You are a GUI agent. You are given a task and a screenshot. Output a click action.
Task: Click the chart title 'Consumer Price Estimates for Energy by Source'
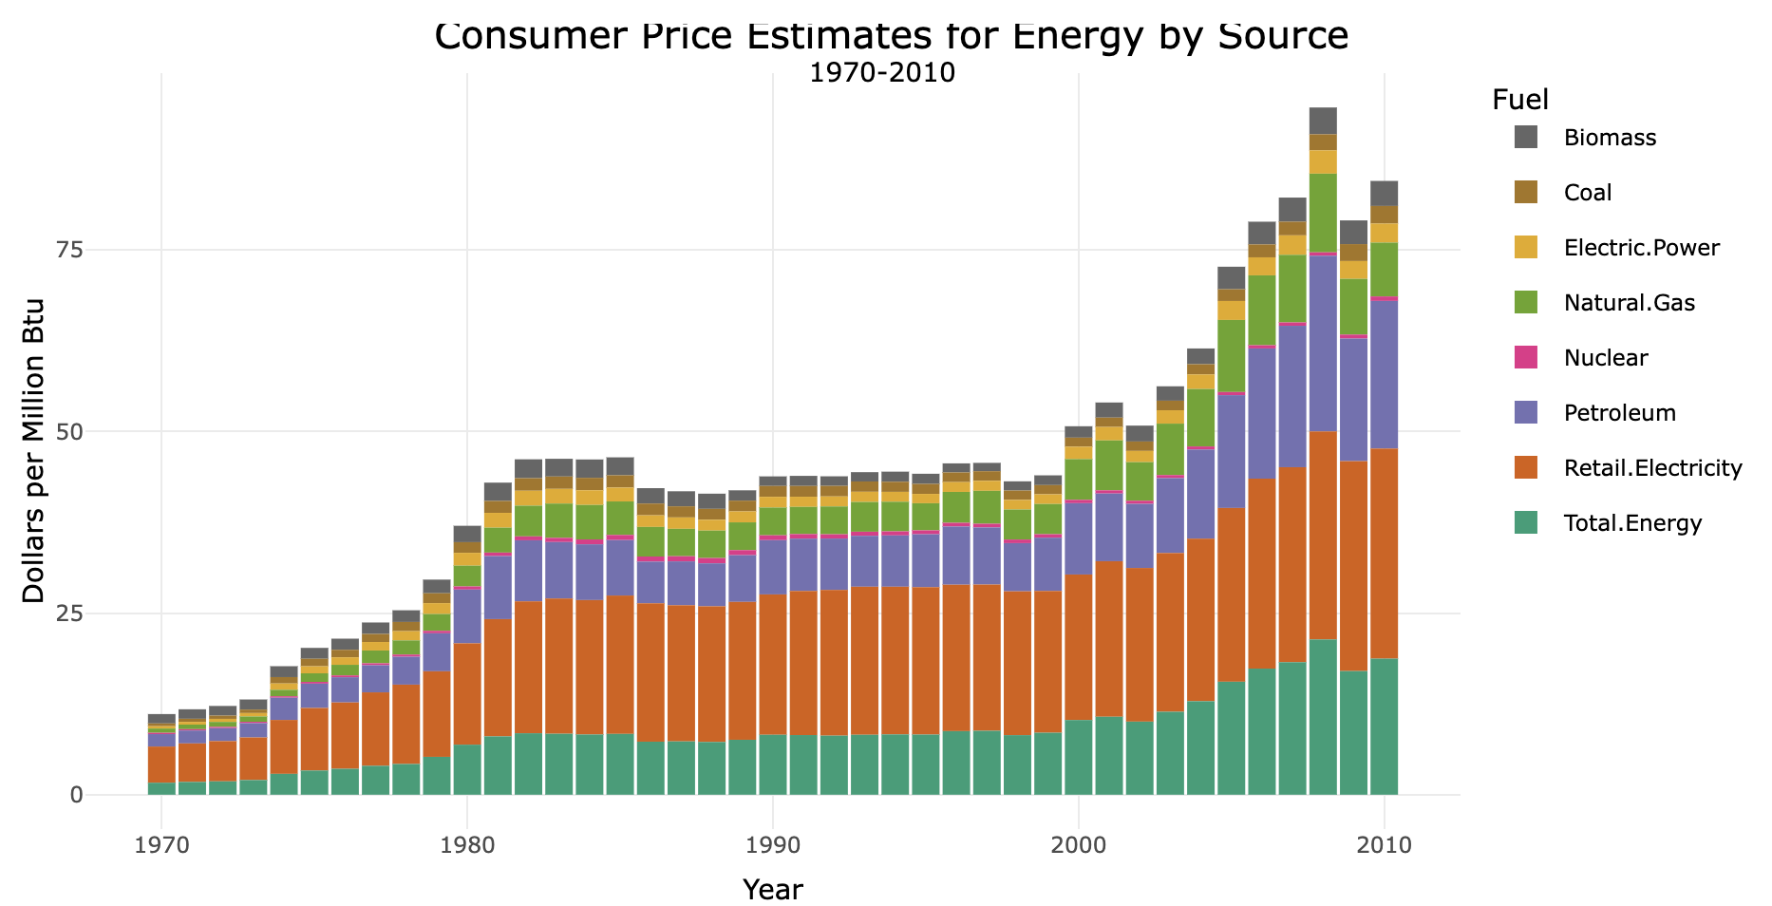pyautogui.click(x=891, y=36)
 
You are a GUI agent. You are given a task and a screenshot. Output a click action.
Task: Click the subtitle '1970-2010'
pyautogui.click(x=881, y=73)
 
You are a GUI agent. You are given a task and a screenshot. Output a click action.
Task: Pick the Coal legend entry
pyautogui.click(x=1588, y=193)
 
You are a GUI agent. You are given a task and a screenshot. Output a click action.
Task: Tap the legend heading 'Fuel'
pyautogui.click(x=1520, y=100)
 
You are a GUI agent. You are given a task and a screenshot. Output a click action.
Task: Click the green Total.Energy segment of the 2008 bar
pyautogui.click(x=1323, y=717)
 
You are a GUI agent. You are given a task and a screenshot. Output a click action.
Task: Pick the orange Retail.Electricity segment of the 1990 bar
pyautogui.click(x=772, y=665)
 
